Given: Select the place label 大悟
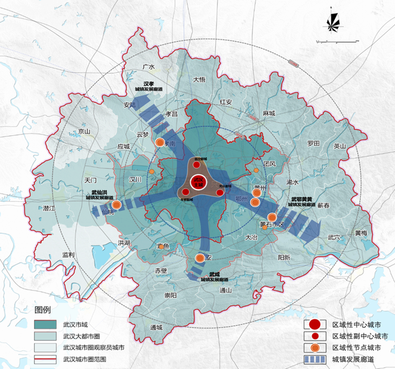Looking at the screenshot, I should [199, 80].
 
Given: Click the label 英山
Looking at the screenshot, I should [340, 146].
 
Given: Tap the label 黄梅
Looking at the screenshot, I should [360, 233].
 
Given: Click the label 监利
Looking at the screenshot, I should [68, 254].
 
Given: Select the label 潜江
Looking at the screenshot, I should [49, 209].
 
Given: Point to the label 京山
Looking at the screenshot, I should [84, 131].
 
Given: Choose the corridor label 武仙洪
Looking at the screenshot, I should [99, 194].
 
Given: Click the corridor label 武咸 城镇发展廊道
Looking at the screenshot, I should [214, 276].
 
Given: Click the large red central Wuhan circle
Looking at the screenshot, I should [198, 182].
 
